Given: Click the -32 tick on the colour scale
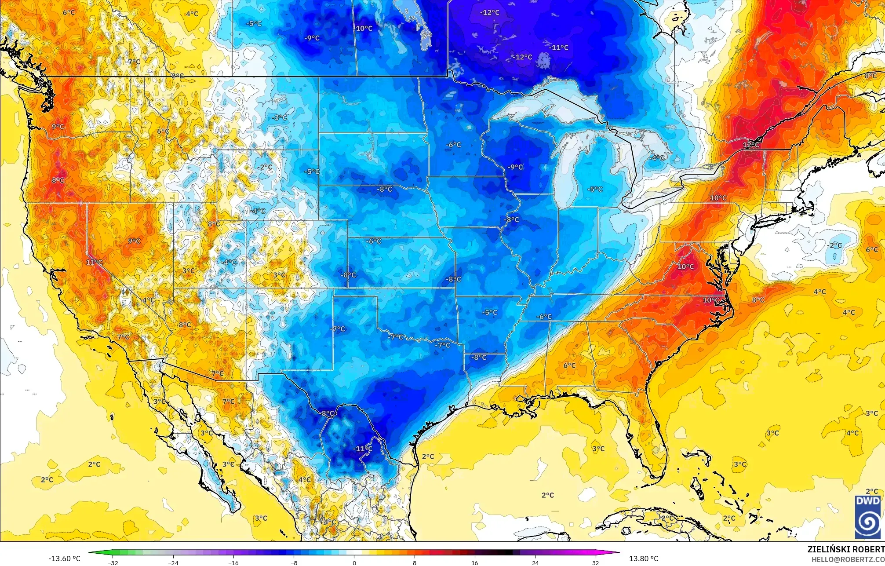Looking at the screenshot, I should [x=113, y=562].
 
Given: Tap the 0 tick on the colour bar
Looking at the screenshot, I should [x=354, y=562].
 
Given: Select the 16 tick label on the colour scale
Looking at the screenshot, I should [x=474, y=562].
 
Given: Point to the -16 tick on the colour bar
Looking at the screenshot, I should [x=233, y=562].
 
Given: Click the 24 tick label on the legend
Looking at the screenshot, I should [x=535, y=562].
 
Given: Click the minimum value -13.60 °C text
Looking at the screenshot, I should [x=64, y=559].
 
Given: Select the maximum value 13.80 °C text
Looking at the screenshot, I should [x=644, y=559].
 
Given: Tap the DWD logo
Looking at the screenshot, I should [x=867, y=517].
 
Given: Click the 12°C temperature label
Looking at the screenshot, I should [x=751, y=145].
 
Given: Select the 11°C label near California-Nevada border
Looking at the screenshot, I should [x=94, y=263].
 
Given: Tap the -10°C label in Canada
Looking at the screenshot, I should [x=363, y=28].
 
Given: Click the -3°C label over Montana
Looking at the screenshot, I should [x=280, y=117].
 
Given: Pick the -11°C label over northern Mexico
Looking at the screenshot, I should [x=363, y=449].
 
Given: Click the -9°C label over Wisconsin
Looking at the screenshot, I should [x=515, y=167].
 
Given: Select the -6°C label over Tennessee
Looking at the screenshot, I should [x=544, y=316].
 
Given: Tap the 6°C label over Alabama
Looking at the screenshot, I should [x=569, y=365].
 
